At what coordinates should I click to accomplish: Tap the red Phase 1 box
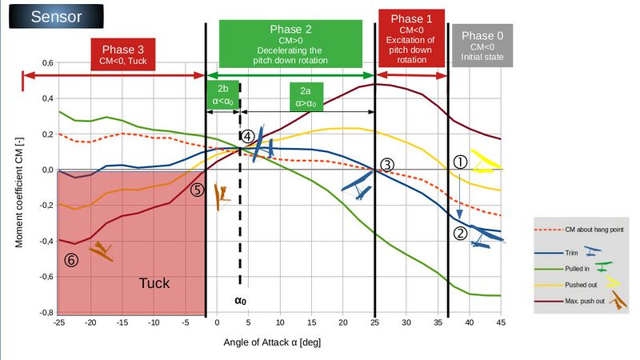[412, 42]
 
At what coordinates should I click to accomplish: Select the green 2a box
[307, 96]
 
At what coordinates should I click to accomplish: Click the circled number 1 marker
[460, 161]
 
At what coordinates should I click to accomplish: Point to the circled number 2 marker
[460, 234]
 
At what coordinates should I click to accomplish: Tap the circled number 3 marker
[386, 165]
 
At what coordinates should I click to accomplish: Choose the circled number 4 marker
[248, 137]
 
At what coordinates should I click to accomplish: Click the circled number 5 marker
[197, 190]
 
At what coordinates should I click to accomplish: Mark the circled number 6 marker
[71, 259]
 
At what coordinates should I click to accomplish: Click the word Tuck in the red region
[154, 283]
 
